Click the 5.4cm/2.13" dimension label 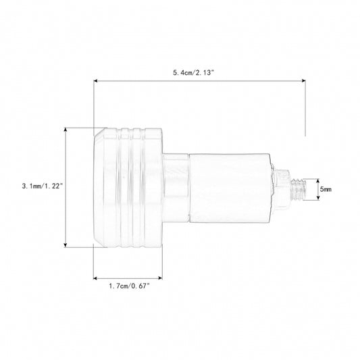click(x=193, y=73)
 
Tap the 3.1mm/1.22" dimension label click(x=43, y=186)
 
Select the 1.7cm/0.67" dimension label click(x=129, y=286)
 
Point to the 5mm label click(x=326, y=189)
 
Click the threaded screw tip click(x=299, y=189)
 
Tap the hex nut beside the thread click(x=282, y=189)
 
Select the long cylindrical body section click(x=230, y=188)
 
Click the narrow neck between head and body click(x=176, y=188)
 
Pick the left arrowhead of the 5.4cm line click(x=96, y=81)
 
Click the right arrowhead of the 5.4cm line click(x=303, y=81)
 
